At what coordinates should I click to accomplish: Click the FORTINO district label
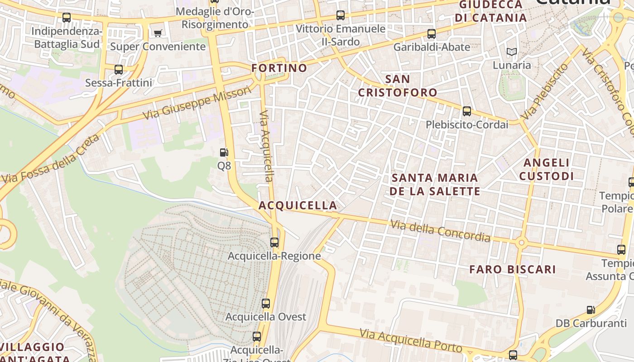coord(279,68)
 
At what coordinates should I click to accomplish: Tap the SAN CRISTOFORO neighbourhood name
coord(398,86)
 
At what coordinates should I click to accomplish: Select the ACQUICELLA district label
coord(298,205)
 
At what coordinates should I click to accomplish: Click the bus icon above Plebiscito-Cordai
coord(467,111)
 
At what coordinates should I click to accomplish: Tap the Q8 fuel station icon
coord(224,152)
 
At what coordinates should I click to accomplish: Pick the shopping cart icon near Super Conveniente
coord(158,33)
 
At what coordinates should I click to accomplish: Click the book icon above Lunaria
coord(512,52)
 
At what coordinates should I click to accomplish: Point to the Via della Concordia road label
coord(440,230)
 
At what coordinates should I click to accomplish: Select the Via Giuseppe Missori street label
coord(197,104)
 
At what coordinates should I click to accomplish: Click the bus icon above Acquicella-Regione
coord(274,242)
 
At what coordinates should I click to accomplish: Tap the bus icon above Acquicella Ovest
coord(266,303)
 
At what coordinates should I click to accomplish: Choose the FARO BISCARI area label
coord(512,269)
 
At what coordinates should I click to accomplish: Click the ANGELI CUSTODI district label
coord(546,169)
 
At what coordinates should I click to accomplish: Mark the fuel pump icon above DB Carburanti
coord(591,310)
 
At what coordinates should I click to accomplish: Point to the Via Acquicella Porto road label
coord(411,340)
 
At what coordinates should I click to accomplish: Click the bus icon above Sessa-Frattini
coord(118,70)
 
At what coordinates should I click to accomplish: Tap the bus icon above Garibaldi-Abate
coord(432,33)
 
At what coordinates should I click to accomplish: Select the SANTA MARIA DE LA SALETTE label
coord(435,184)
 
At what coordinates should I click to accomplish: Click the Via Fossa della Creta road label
coord(50,159)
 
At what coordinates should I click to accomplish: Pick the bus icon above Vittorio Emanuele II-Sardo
coord(341,15)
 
